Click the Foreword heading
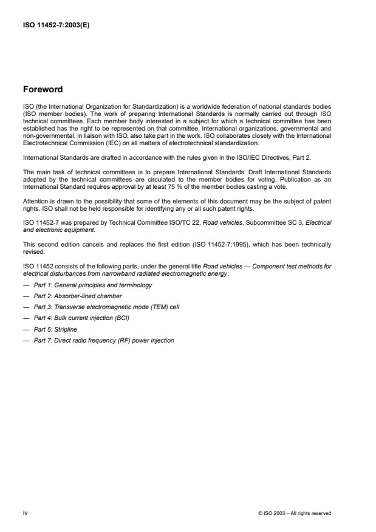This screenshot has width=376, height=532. pyautogui.click(x=42, y=90)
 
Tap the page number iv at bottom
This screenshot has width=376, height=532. pyautogui.click(x=25, y=513)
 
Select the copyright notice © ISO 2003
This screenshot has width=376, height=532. pyautogui.click(x=295, y=513)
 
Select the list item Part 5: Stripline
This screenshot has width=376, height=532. pyautogui.click(x=56, y=329)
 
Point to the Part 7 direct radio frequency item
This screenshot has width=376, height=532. pyautogui.click(x=104, y=340)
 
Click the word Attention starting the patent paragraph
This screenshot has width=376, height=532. pyautogui.click(x=35, y=200)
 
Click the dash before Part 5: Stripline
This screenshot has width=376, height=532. pyautogui.click(x=26, y=329)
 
